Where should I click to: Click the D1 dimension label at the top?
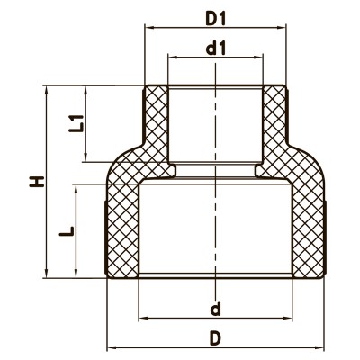tap(215, 17)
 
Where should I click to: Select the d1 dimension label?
tap(215, 49)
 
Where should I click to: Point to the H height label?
tap(35, 182)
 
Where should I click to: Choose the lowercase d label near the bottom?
tap(215, 310)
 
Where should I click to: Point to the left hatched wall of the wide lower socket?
tap(122, 225)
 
